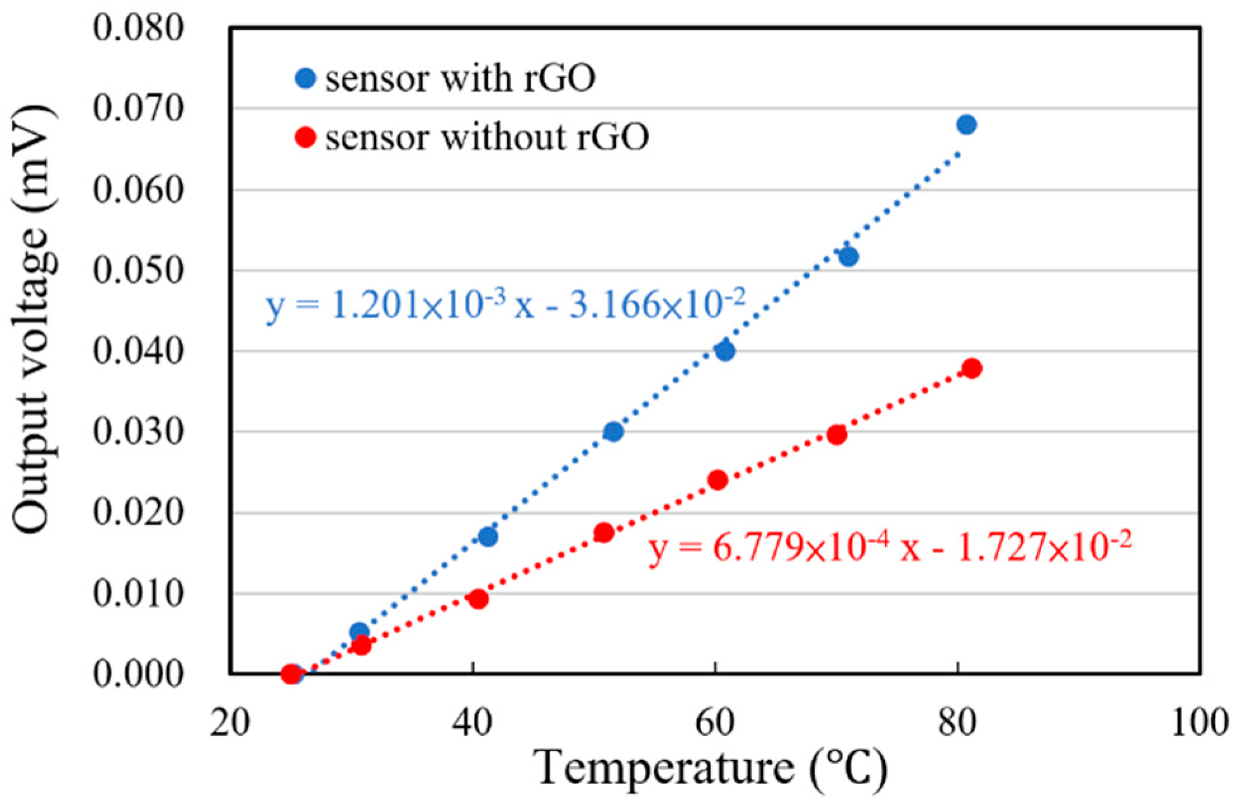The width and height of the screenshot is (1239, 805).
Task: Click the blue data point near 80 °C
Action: point(966,124)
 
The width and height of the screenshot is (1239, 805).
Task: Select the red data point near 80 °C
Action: point(971,369)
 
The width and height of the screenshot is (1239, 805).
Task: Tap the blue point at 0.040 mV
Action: point(724,351)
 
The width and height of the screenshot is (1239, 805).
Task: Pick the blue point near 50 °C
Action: point(613,432)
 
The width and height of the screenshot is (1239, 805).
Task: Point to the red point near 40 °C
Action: point(479,599)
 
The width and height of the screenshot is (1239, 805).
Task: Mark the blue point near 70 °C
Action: point(848,257)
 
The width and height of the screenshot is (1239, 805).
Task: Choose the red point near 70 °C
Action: point(837,435)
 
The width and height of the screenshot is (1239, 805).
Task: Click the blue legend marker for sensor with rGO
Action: point(306,79)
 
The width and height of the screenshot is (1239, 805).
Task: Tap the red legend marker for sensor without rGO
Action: point(306,137)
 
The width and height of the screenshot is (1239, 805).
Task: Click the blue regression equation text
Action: point(505,305)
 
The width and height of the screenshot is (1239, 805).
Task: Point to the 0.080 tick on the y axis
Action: point(138,29)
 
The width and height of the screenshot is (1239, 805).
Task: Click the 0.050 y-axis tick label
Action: point(138,271)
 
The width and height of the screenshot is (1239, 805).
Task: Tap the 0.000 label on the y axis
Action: point(138,674)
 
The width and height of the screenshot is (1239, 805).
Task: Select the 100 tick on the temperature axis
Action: point(1199,723)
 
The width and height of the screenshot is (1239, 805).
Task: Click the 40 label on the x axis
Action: point(472,723)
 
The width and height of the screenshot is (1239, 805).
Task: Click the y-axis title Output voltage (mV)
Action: point(32,320)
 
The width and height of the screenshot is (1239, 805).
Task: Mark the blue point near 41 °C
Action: point(487,537)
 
